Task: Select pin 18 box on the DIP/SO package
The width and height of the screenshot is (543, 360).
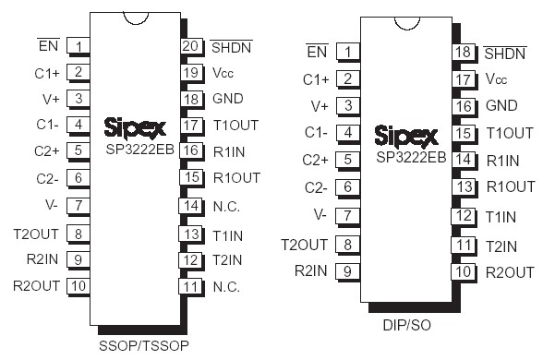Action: (x=464, y=52)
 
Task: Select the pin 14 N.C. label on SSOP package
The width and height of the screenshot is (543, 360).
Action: (x=226, y=205)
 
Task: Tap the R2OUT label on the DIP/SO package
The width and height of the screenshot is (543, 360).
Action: (x=510, y=271)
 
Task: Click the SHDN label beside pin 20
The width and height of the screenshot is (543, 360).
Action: (x=232, y=45)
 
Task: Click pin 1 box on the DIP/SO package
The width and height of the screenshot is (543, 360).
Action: (x=348, y=52)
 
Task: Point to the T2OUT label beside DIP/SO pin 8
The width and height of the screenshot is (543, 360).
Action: (x=305, y=244)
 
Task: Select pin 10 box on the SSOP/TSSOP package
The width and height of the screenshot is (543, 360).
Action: (x=78, y=286)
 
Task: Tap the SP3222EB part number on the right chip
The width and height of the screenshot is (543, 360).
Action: (x=412, y=157)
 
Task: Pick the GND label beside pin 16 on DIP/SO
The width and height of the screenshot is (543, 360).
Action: (x=501, y=105)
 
